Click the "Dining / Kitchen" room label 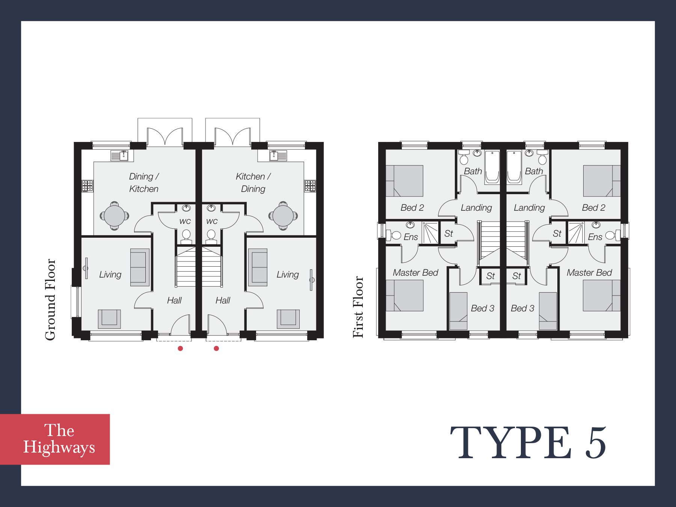click(x=144, y=183)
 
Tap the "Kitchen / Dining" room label click(x=253, y=183)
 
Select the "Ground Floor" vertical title click(x=50, y=299)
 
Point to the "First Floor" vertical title click(x=358, y=307)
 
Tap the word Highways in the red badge click(x=59, y=447)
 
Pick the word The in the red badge click(x=59, y=430)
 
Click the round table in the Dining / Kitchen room click(x=115, y=216)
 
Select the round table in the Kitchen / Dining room click(x=283, y=216)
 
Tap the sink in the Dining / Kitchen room click(x=120, y=155)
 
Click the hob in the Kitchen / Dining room click(x=310, y=186)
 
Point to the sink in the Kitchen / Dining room click(x=278, y=155)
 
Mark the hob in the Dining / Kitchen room click(x=88, y=186)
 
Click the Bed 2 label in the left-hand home click(x=412, y=208)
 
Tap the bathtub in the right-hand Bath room click(x=514, y=167)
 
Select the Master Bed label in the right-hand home click(x=589, y=273)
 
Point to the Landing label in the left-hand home click(x=476, y=208)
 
